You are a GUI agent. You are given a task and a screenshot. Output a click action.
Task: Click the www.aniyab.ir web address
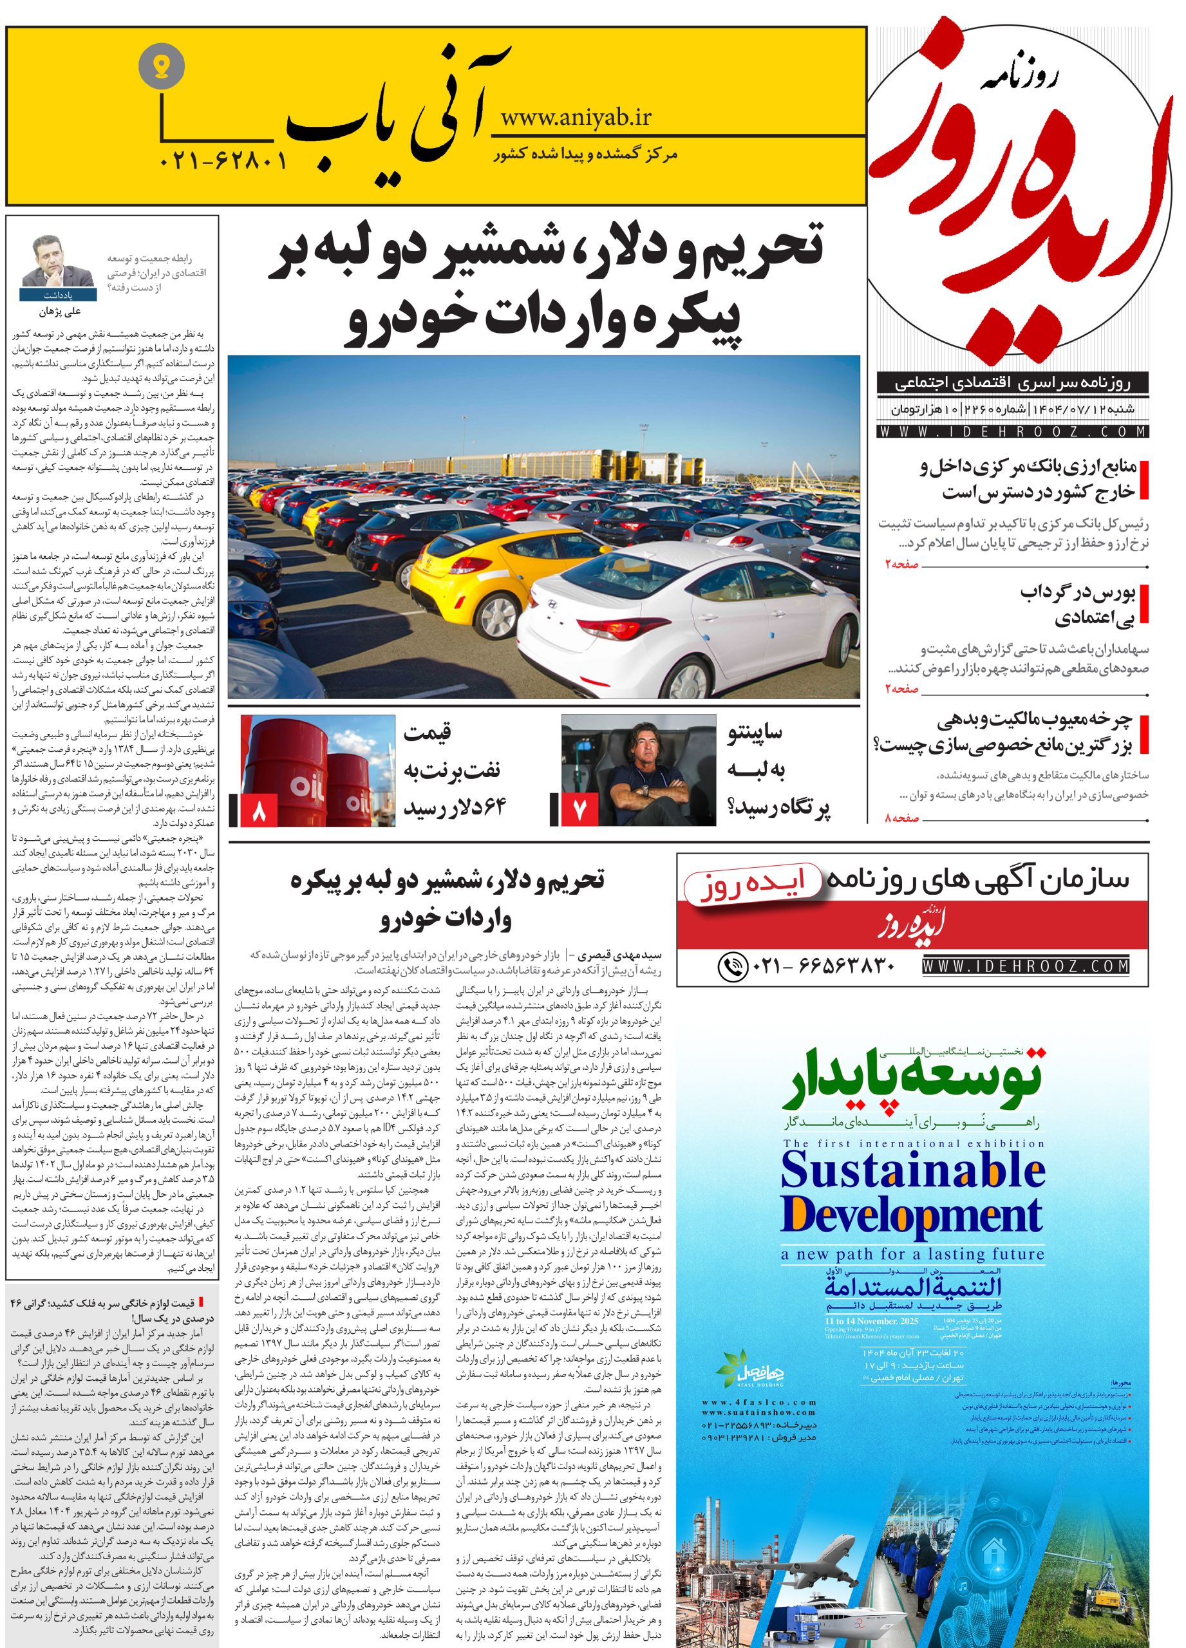(576, 117)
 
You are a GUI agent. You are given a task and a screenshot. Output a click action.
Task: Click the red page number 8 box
(258, 811)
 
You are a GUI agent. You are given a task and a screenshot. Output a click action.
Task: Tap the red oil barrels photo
(320, 770)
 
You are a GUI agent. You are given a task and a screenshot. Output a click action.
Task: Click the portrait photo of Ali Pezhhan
(58, 264)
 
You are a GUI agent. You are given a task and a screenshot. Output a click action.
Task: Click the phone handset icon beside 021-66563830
(733, 966)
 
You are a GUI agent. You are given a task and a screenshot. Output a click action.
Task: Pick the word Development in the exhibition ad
(911, 1215)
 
